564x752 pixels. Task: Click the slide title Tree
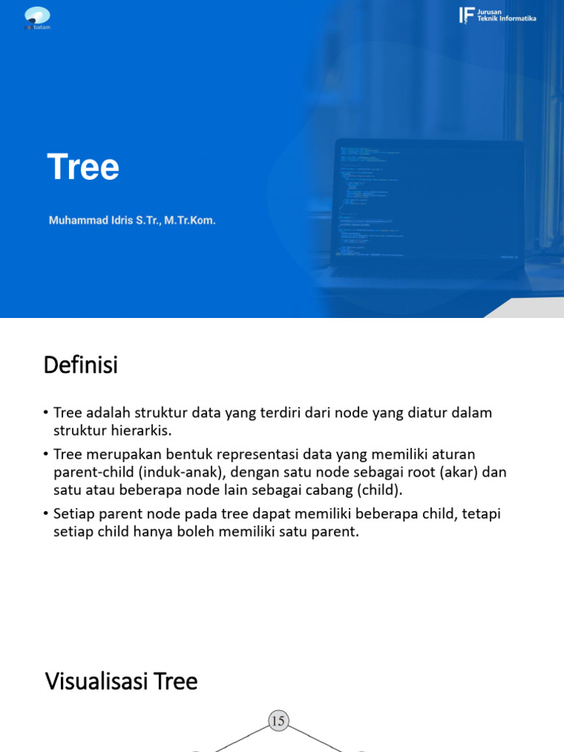pyautogui.click(x=83, y=167)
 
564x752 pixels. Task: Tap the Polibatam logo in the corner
pyautogui.click(x=37, y=17)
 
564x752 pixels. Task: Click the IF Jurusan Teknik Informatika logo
pyautogui.click(x=497, y=15)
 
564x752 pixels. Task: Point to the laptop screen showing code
pyautogui.click(x=429, y=199)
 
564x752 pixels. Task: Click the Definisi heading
pyautogui.click(x=81, y=365)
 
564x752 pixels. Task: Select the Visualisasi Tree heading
pyautogui.click(x=121, y=681)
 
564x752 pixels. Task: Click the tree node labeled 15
pyautogui.click(x=278, y=722)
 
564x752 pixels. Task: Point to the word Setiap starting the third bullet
pyautogui.click(x=74, y=513)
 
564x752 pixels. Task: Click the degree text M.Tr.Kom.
pyautogui.click(x=189, y=220)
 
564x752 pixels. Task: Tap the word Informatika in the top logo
pyautogui.click(x=518, y=18)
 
